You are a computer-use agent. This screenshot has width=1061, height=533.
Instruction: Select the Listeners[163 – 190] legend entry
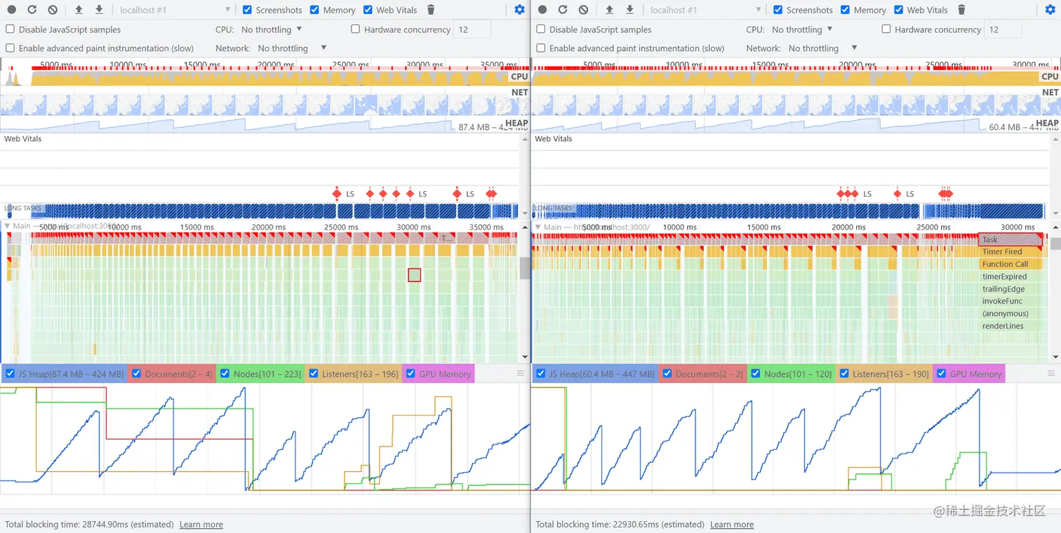(890, 374)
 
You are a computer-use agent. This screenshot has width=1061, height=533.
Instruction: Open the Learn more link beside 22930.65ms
(732, 525)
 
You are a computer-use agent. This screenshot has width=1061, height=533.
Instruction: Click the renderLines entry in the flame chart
(1003, 326)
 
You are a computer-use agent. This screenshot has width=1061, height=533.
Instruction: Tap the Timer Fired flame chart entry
(1002, 252)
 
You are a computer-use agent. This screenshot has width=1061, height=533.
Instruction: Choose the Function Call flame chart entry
(1005, 265)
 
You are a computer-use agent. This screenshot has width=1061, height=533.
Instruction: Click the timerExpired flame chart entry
(1004, 277)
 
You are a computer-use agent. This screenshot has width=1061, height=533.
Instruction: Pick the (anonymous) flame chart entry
(1005, 314)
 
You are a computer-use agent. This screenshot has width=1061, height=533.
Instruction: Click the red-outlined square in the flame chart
(414, 275)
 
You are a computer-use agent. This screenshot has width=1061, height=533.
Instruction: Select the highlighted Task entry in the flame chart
(1010, 239)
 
